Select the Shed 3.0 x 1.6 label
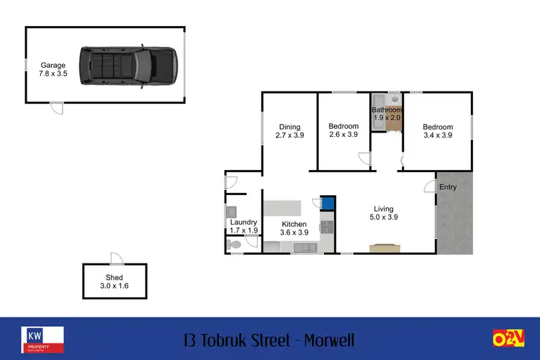[x=114, y=282]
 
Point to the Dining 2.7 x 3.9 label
[x=289, y=130]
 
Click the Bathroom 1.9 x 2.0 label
[x=386, y=114]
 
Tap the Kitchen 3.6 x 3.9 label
[x=294, y=228]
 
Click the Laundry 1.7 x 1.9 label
[x=243, y=226]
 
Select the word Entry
[x=448, y=187]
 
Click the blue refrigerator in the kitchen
[x=328, y=203]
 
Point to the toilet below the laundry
[x=234, y=246]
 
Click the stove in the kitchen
[x=325, y=228]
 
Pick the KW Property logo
[x=42, y=338]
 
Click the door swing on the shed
[x=115, y=258]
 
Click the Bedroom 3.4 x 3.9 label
[x=438, y=130]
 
